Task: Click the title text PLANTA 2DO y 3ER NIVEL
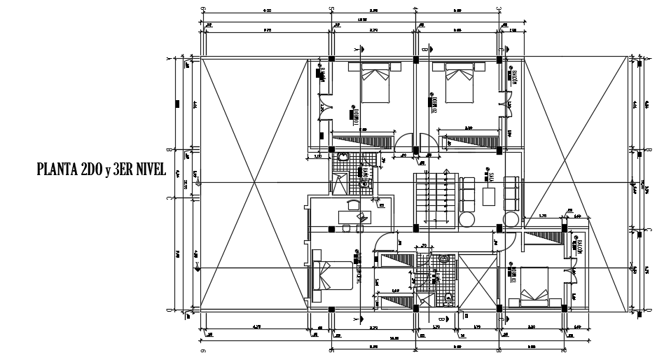pyautogui.click(x=101, y=169)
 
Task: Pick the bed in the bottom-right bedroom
pyautogui.click(x=533, y=287)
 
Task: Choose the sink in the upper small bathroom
pyautogui.click(x=342, y=159)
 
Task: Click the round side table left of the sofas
pyautogui.click(x=467, y=220)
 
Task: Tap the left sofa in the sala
pyautogui.click(x=467, y=192)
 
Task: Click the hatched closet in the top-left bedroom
pyautogui.click(x=361, y=140)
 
